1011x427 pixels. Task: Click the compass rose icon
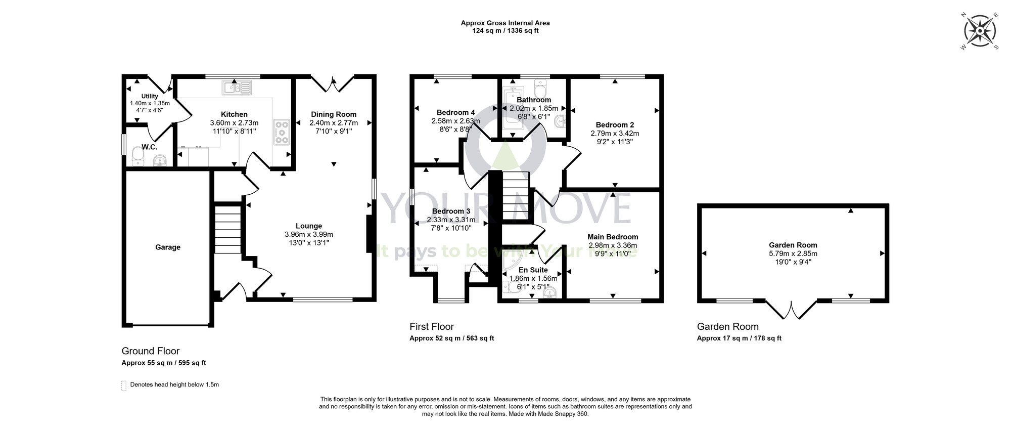click(x=980, y=31)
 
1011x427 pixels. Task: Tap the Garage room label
click(x=167, y=247)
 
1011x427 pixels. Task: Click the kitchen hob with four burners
click(x=282, y=132)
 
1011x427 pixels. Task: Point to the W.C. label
click(x=149, y=147)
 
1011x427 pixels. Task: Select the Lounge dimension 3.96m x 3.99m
click(x=309, y=234)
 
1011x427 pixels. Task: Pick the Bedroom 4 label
click(x=455, y=112)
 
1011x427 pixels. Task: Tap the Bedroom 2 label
click(x=615, y=125)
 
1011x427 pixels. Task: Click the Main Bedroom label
click(x=613, y=237)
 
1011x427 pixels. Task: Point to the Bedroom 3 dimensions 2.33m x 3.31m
click(x=451, y=220)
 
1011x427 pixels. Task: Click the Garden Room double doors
click(x=791, y=309)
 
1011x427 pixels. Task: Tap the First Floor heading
click(x=431, y=327)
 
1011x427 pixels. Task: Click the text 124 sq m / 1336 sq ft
click(x=505, y=30)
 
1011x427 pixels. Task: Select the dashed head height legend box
click(x=124, y=386)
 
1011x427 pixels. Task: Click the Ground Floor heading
click(x=151, y=351)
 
